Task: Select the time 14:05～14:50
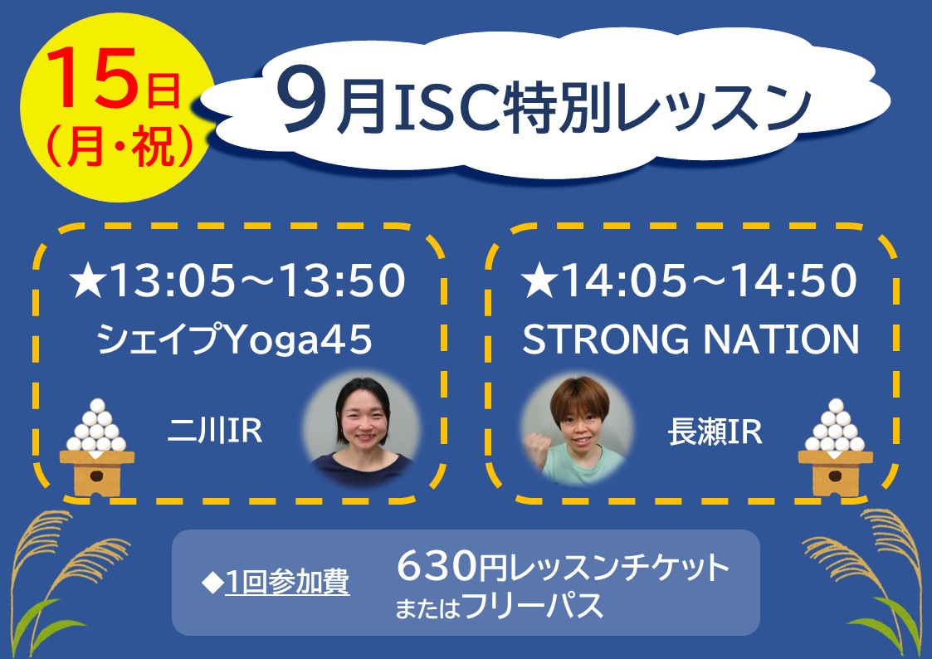(710, 281)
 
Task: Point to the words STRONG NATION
(690, 339)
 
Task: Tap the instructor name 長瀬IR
(715, 432)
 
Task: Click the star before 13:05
(88, 281)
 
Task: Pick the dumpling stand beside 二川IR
(97, 448)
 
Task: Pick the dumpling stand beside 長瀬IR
(835, 448)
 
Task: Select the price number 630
(437, 566)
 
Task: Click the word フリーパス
(533, 606)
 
